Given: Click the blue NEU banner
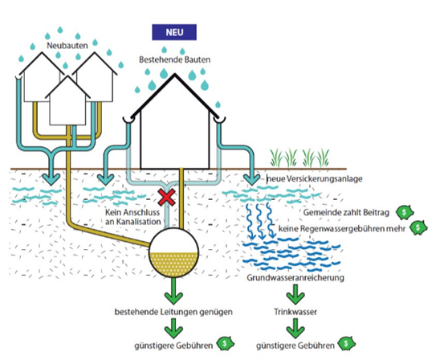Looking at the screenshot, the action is [174, 32].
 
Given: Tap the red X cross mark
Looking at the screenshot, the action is [166, 197].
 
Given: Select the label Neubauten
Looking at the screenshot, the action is [67, 46].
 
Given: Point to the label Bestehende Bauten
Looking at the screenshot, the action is [174, 59].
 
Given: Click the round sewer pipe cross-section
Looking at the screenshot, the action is [173, 253].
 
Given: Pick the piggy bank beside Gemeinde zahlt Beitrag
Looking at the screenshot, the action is [405, 212].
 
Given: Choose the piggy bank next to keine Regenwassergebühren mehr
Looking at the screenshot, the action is [418, 227].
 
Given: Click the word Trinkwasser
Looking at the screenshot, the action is [295, 312].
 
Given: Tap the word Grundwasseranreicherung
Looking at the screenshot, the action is [295, 278].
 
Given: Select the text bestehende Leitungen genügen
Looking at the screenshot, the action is [173, 312].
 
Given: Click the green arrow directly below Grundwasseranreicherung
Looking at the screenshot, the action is [295, 294].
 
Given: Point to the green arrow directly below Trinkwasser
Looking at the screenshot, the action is [295, 329].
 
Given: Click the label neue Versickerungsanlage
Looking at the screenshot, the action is [314, 178].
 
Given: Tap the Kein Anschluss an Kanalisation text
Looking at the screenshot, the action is [133, 217].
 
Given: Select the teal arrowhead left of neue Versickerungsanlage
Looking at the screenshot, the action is [251, 179].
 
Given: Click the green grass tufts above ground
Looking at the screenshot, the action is [299, 158].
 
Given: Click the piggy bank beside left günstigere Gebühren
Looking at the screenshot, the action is [226, 343].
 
